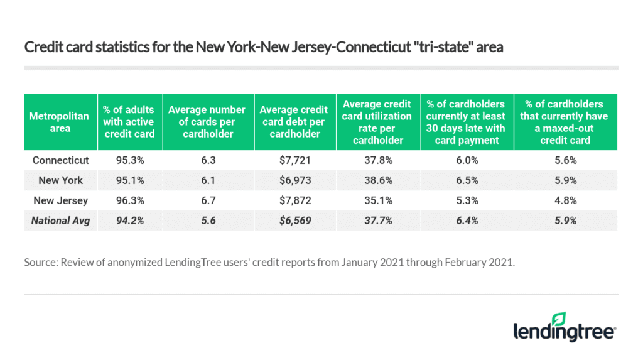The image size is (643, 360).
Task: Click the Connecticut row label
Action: point(60,160)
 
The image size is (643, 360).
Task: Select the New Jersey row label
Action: point(60,200)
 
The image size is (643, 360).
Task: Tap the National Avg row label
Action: point(60,221)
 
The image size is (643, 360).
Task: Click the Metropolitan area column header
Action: point(60,122)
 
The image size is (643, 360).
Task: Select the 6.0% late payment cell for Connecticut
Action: point(465,160)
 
